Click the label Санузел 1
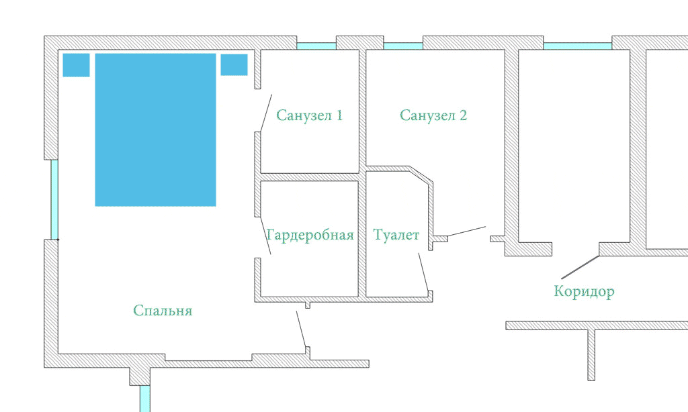pyautogui.click(x=309, y=115)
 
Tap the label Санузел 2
pyautogui.click(x=433, y=115)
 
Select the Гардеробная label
pyautogui.click(x=310, y=236)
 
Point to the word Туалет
pyautogui.click(x=396, y=235)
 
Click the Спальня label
pyautogui.click(x=163, y=310)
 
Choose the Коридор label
pyautogui.click(x=584, y=291)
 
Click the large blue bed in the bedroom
pyautogui.click(x=155, y=130)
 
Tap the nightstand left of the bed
pyautogui.click(x=77, y=65)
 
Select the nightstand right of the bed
pyautogui.click(x=234, y=64)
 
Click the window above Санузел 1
pyautogui.click(x=316, y=46)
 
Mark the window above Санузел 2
pyautogui.click(x=403, y=46)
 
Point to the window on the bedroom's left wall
pyautogui.click(x=54, y=199)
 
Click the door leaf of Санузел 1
pyautogui.click(x=266, y=113)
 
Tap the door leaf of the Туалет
pyautogui.click(x=423, y=273)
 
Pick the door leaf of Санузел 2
pyautogui.click(x=466, y=231)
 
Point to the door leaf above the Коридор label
pyautogui.click(x=580, y=267)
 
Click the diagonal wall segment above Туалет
pyautogui.click(x=421, y=174)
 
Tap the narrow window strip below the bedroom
pyautogui.click(x=145, y=399)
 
